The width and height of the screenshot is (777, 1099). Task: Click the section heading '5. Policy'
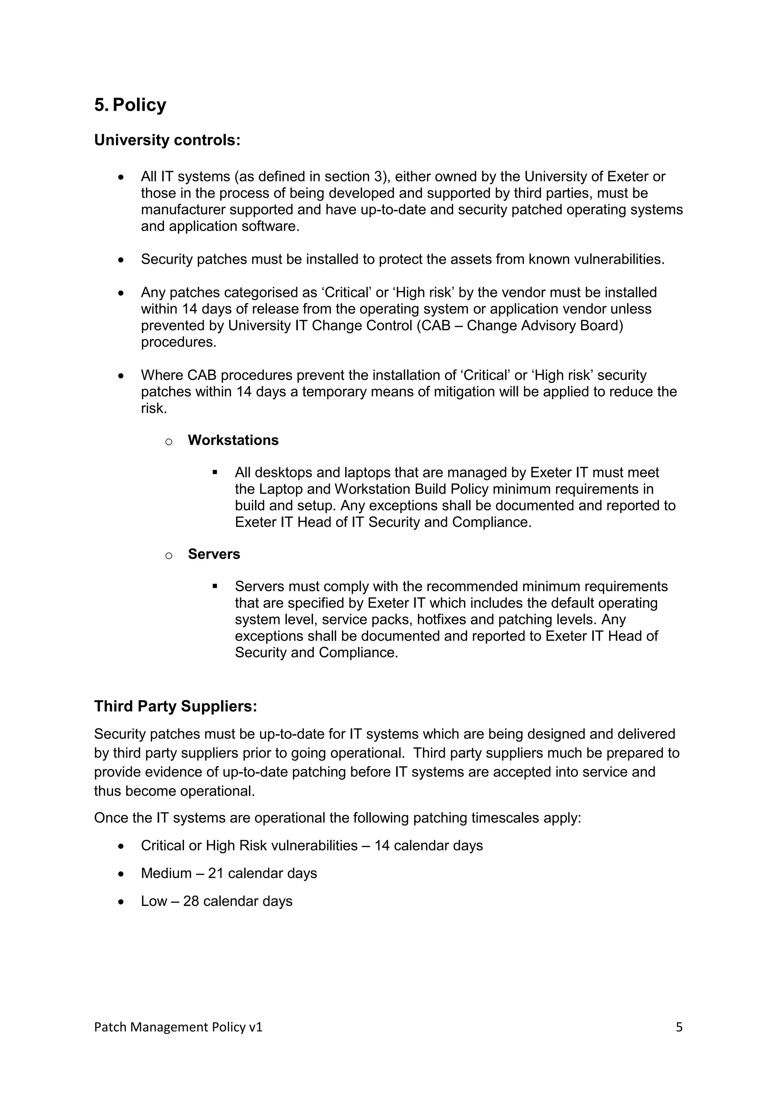(130, 105)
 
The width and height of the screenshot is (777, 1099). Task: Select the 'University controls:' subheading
(167, 140)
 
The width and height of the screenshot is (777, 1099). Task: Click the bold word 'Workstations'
(233, 440)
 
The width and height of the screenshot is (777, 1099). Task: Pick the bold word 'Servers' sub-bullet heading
(214, 554)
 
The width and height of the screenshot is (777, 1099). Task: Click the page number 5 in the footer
(679, 1027)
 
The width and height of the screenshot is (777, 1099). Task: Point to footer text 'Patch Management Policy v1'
(178, 1027)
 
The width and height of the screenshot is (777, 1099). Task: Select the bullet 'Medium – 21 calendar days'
(229, 874)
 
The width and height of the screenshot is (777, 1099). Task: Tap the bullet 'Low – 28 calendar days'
(216, 901)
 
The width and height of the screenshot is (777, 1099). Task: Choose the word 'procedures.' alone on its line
(178, 343)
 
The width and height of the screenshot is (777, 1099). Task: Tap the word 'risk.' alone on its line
(154, 409)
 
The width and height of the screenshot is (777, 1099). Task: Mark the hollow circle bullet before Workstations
(168, 441)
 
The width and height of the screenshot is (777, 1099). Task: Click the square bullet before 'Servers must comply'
(215, 586)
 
